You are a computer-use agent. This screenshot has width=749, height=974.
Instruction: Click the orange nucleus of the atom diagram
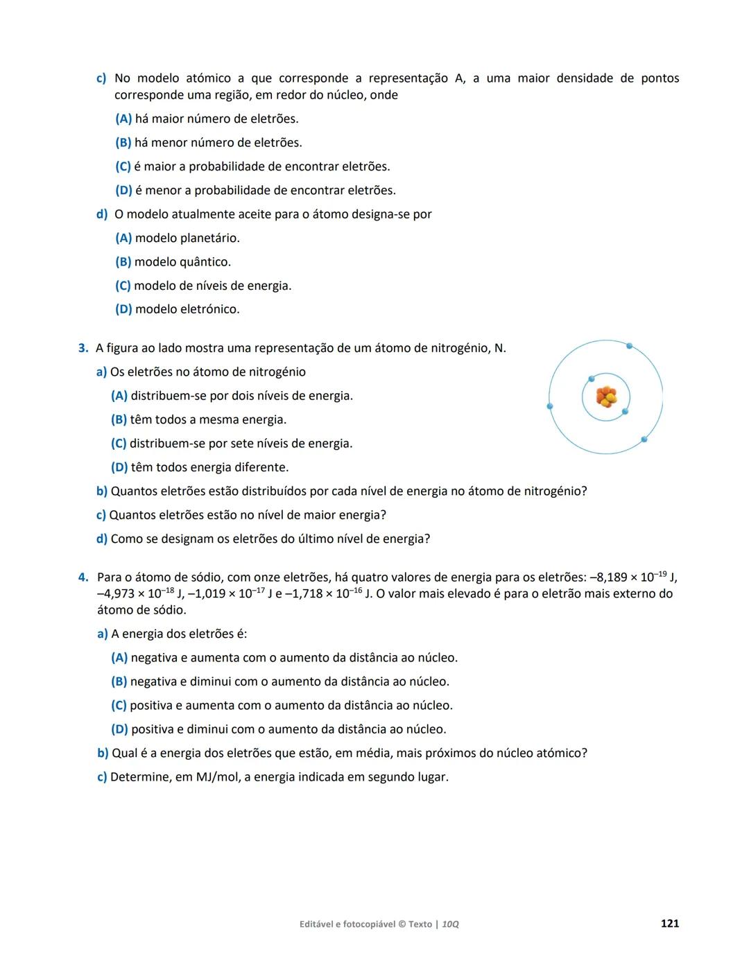tap(606, 397)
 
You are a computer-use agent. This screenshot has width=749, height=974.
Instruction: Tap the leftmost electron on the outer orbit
tap(550, 406)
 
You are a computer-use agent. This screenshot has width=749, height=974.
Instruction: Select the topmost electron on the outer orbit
tap(629, 345)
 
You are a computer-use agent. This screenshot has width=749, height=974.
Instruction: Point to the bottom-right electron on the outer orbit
tap(644, 440)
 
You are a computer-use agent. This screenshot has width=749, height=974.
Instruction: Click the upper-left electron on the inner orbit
tap(592, 379)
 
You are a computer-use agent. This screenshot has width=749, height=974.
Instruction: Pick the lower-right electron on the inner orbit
tap(625, 412)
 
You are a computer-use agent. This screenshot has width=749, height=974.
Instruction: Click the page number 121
tap(669, 923)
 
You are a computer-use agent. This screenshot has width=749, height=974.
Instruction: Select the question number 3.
tap(83, 348)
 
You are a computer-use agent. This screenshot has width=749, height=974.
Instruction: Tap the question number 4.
tap(83, 577)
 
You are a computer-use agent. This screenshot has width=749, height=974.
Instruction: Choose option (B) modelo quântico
tap(173, 262)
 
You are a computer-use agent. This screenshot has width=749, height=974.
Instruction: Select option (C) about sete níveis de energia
tap(232, 444)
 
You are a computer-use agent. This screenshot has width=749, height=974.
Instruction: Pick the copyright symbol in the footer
tap(402, 924)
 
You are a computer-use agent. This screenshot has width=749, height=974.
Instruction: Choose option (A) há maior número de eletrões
tap(207, 119)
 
